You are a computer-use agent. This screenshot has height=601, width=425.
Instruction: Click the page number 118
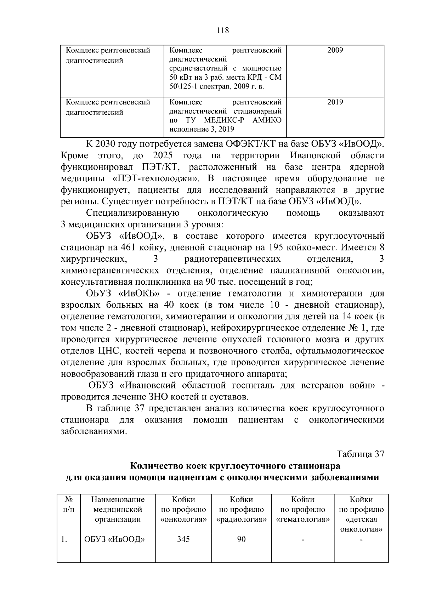point(223,30)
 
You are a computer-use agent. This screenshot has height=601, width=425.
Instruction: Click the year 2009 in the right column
point(335,50)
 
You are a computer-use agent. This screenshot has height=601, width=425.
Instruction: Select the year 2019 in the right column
point(335,102)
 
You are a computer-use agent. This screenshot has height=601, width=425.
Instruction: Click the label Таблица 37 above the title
point(360,454)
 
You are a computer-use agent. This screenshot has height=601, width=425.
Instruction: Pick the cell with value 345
point(183,539)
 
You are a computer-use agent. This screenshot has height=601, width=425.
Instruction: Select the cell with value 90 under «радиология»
point(241,539)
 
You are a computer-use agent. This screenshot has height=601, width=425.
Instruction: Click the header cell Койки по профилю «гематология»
point(302,510)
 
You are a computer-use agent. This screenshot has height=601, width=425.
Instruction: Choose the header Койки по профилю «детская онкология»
point(361,514)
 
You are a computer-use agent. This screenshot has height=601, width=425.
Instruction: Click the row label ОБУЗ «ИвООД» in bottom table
point(115,539)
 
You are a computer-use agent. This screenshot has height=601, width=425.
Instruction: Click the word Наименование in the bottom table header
point(118,500)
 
